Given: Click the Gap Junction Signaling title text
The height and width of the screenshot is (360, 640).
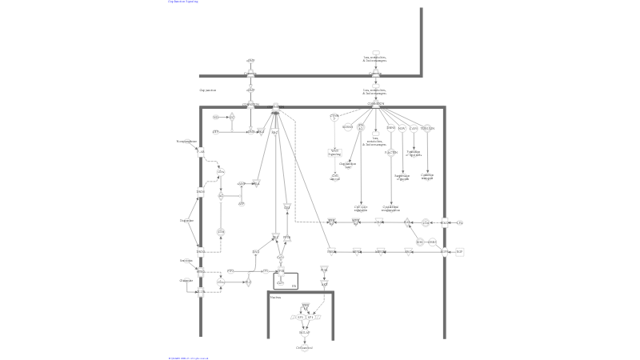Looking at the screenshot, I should (183, 2).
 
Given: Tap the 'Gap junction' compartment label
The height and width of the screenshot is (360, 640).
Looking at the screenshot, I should (208, 90).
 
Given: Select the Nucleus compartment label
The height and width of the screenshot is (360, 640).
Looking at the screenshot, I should (274, 297).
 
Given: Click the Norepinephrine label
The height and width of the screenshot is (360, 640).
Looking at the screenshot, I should (186, 141).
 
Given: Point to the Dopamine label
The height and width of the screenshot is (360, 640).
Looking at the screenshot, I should (187, 220).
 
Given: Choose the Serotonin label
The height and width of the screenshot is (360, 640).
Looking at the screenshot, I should (186, 260).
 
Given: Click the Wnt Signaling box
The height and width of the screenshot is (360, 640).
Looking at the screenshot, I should (334, 152).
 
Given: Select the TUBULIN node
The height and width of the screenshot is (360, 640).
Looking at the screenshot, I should (427, 128).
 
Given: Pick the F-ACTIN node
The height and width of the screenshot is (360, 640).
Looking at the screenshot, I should (391, 152).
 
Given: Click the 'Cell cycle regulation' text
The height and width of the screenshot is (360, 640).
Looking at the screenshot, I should (361, 208).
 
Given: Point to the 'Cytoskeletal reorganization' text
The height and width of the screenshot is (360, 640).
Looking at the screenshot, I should (391, 208).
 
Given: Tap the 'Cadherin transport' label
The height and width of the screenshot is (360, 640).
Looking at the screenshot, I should (427, 177).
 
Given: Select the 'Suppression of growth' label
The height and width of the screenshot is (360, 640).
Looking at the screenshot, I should (402, 177).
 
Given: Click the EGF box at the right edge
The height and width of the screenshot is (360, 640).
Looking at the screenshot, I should (459, 251).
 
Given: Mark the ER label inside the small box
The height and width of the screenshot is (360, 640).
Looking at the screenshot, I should (294, 286).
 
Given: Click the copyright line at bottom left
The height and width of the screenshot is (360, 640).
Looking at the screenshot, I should (189, 358).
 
